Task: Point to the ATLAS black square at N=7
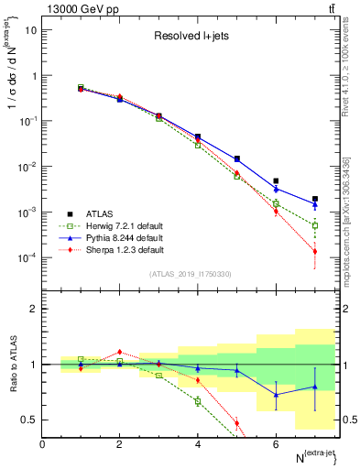click(314, 199)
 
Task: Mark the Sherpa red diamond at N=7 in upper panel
click(314, 251)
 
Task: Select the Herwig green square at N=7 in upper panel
click(314, 225)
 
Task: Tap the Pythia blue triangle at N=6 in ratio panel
click(276, 395)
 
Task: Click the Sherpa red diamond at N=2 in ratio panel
click(119, 352)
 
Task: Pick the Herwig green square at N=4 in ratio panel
click(198, 401)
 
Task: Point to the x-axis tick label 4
click(198, 444)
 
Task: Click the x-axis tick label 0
click(42, 444)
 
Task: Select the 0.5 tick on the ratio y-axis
click(29, 420)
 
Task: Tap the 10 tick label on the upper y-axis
click(29, 30)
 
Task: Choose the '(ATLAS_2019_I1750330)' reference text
click(190, 274)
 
